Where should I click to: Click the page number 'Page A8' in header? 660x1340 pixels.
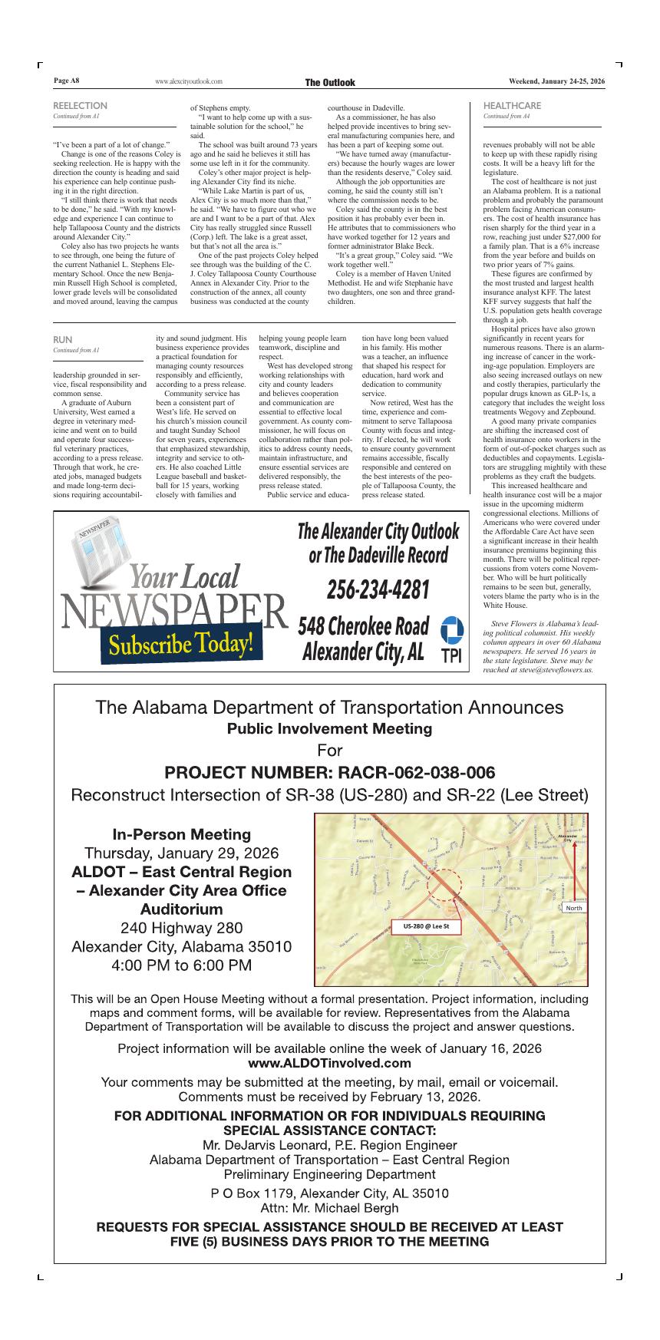[x=66, y=81]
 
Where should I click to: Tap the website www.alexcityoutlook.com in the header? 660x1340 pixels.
[x=188, y=81]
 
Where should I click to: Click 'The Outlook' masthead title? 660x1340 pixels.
[x=330, y=82]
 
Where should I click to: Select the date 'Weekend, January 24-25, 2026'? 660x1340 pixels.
[x=557, y=81]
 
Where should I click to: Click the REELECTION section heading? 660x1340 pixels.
[x=80, y=106]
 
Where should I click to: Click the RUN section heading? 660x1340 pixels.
[x=63, y=339]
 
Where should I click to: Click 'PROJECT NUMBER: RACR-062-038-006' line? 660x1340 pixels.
[x=330, y=772]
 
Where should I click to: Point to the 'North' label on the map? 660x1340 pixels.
[x=573, y=908]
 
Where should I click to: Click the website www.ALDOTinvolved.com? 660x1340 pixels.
[x=330, y=1063]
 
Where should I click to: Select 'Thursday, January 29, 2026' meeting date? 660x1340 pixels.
[x=182, y=853]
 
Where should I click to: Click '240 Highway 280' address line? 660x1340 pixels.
[x=182, y=928]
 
